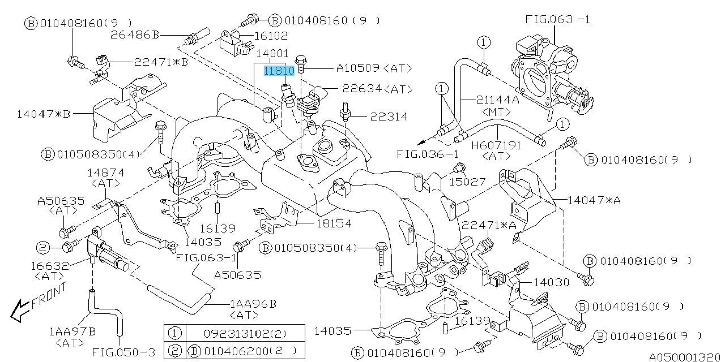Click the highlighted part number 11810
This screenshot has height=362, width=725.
(279, 71)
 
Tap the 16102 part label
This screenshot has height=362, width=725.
(271, 36)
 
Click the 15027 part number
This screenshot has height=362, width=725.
(468, 182)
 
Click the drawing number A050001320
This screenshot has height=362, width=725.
(686, 357)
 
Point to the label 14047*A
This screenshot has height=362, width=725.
(594, 200)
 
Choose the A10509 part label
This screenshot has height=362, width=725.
(359, 68)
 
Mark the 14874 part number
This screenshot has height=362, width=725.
(105, 173)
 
